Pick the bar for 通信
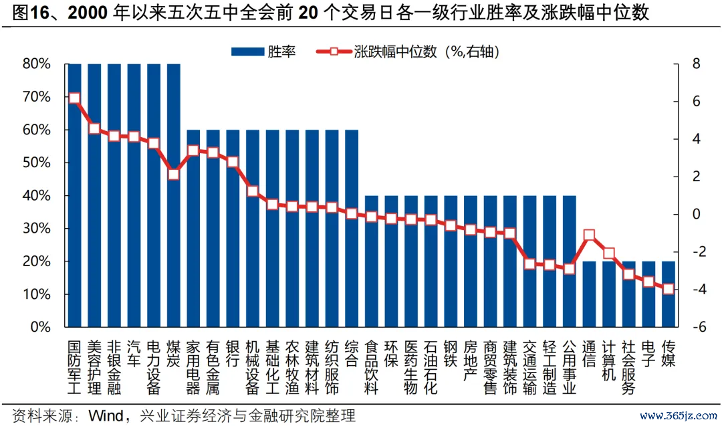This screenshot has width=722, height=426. (589, 294)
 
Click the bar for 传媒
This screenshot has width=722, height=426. (668, 294)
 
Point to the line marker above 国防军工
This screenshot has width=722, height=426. (74, 98)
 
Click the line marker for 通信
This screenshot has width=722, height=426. (589, 235)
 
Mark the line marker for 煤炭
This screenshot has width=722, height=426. (173, 175)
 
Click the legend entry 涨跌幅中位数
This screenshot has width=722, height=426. (408, 51)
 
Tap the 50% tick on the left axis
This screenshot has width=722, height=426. (37, 163)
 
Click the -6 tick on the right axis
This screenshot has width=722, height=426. (695, 328)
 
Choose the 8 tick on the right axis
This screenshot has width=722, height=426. (696, 64)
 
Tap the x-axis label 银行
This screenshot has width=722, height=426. (233, 353)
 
